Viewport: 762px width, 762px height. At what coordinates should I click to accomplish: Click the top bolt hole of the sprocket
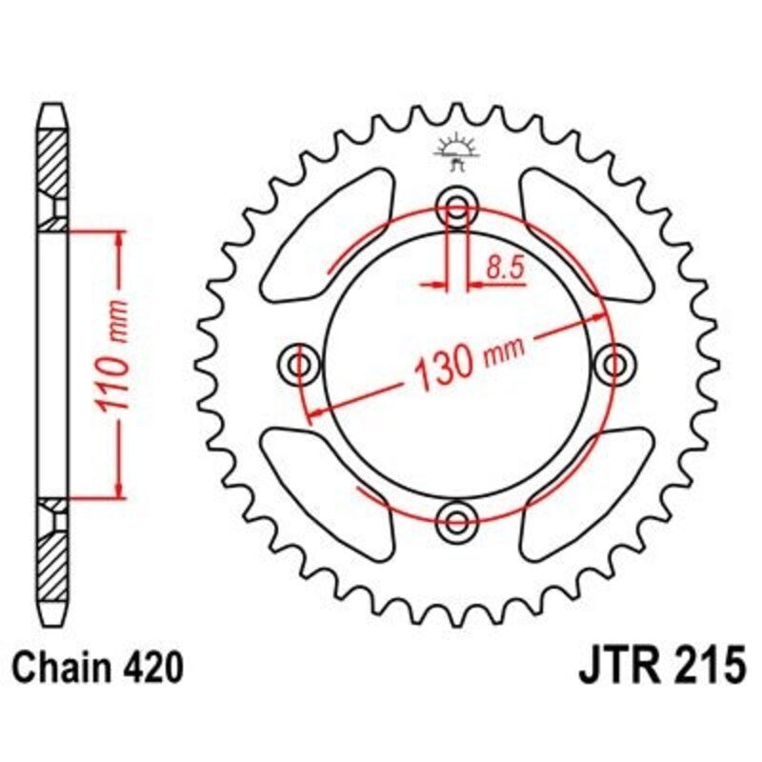(x=456, y=208)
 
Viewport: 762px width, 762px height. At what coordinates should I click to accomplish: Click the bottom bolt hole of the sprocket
(x=456, y=518)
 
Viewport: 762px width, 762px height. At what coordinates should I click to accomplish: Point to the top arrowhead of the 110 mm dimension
(x=118, y=237)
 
